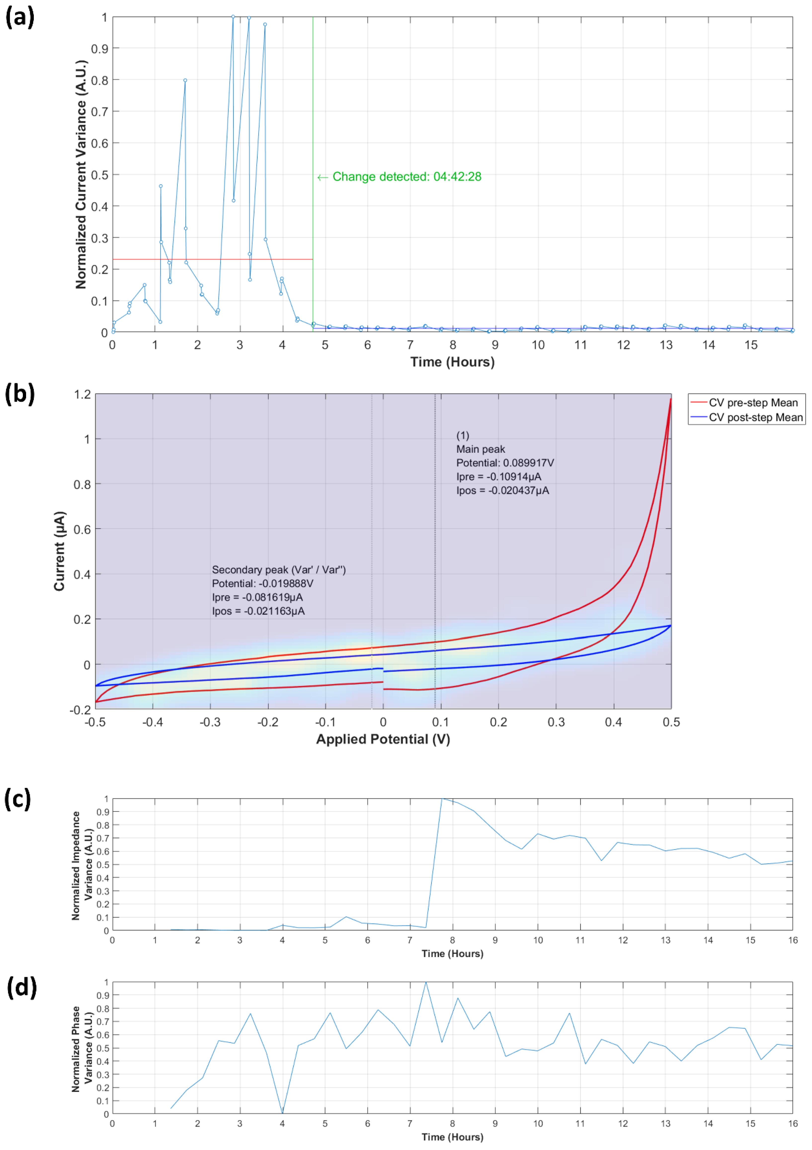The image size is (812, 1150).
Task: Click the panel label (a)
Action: point(20,18)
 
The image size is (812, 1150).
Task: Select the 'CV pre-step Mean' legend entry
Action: point(752,403)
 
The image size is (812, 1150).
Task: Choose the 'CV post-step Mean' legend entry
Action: point(755,417)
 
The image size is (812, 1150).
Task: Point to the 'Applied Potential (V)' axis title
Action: point(383,739)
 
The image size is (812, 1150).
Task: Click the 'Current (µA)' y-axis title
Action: point(60,551)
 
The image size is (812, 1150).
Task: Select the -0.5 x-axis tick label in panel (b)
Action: point(95,722)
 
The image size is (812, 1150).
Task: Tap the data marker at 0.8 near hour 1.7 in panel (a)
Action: point(185,80)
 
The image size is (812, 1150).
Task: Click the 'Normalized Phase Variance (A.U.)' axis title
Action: point(81,1048)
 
